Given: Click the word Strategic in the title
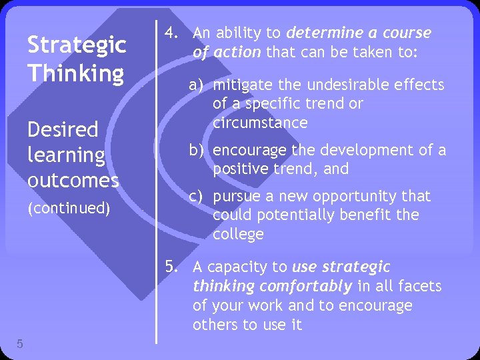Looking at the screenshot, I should (76, 45).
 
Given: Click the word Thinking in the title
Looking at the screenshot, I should (75, 73).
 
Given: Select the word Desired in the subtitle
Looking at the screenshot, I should (63, 129).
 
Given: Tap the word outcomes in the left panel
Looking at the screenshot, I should (73, 180).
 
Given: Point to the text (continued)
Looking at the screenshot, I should (68, 208).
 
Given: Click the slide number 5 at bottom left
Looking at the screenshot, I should (20, 344).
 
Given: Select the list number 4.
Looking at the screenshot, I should (170, 33).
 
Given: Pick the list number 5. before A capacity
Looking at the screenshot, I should (172, 267).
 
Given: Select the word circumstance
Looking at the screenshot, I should (260, 123).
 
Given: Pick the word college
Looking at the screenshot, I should (238, 234).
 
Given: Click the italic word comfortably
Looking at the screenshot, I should (306, 287).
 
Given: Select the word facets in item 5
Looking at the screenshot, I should (421, 287).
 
